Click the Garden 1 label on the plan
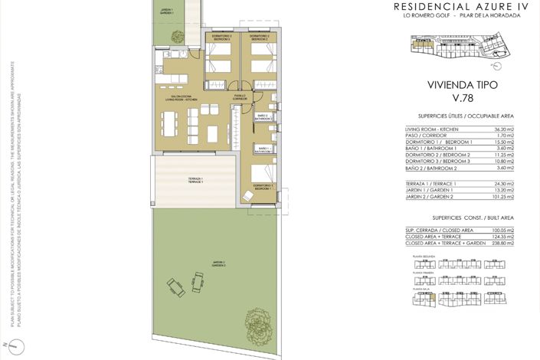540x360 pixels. tap(167, 12)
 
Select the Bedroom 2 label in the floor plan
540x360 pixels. tap(259, 37)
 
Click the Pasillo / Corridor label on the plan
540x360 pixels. tap(240, 97)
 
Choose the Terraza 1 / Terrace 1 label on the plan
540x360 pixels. tap(195, 180)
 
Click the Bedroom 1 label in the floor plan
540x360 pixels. tap(263, 186)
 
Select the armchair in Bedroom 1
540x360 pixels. tap(247, 196)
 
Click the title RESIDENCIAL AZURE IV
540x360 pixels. tap(450, 6)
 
